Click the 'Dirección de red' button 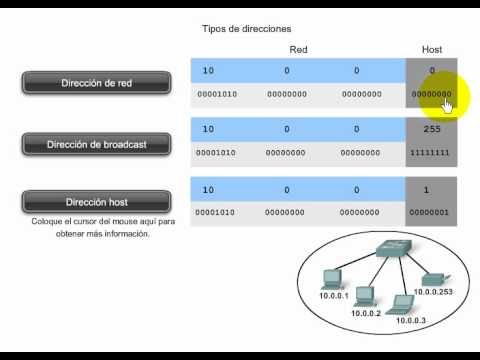click(x=96, y=83)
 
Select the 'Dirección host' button click(x=96, y=202)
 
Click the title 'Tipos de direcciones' click(x=247, y=29)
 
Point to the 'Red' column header click(x=298, y=50)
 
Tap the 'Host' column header click(x=432, y=50)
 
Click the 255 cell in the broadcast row click(x=432, y=129)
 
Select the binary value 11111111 click(x=430, y=153)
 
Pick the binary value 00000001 click(x=429, y=212)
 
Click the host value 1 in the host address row click(x=426, y=190)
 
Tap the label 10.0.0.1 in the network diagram click(x=334, y=296)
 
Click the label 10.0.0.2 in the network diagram click(x=366, y=313)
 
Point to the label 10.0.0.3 click(x=411, y=320)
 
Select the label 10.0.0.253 click(x=433, y=292)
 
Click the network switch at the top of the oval click(x=394, y=248)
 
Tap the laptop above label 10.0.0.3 click(x=401, y=305)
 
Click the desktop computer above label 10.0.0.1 click(x=331, y=279)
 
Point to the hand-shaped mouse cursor click(x=447, y=107)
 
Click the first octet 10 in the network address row click(x=208, y=71)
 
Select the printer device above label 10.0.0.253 click(x=434, y=280)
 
